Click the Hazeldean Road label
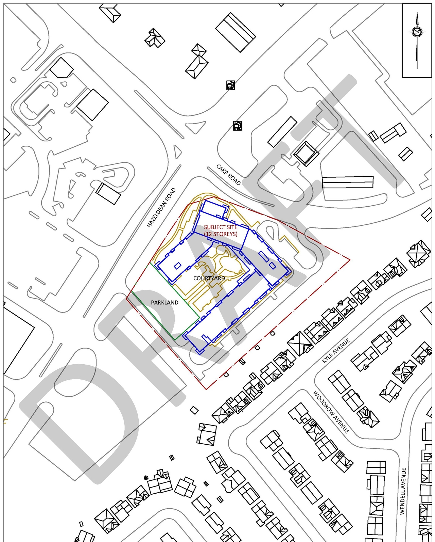(x=162, y=208)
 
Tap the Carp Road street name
(x=228, y=175)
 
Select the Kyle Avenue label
(x=336, y=351)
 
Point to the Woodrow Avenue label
(x=331, y=412)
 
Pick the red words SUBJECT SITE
(x=221, y=227)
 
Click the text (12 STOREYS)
(x=221, y=234)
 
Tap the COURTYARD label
(x=209, y=278)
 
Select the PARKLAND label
(x=164, y=302)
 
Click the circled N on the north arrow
(x=417, y=32)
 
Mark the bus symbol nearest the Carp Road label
(x=238, y=126)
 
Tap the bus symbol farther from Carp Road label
(x=231, y=85)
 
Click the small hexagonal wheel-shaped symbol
(x=146, y=478)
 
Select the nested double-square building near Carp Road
(x=306, y=154)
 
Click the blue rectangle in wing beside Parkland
(x=177, y=266)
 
